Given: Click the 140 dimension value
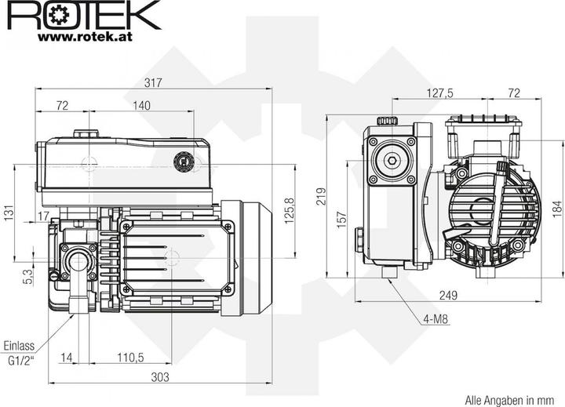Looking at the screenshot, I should click(141, 105).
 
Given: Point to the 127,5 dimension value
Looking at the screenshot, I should click(439, 93).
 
